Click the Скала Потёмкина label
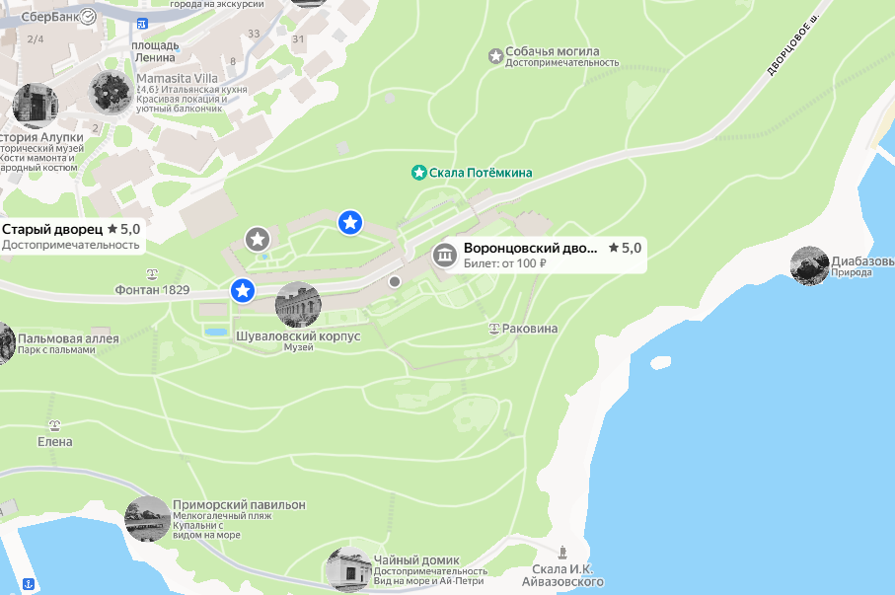tap(481, 173)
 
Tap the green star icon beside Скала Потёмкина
tap(418, 173)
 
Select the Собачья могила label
tap(552, 52)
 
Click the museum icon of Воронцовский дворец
tap(444, 255)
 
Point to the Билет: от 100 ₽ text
tap(505, 263)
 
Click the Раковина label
tap(530, 329)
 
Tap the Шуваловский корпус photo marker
tap(298, 304)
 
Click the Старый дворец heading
tap(52, 229)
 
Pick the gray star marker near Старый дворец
tap(258, 239)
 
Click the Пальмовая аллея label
tap(68, 338)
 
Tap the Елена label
tap(55, 441)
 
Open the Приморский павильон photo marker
tap(148, 519)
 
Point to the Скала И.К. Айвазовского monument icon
tap(561, 552)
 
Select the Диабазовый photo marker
tap(809, 266)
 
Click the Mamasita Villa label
tap(177, 79)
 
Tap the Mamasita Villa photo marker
tap(111, 93)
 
